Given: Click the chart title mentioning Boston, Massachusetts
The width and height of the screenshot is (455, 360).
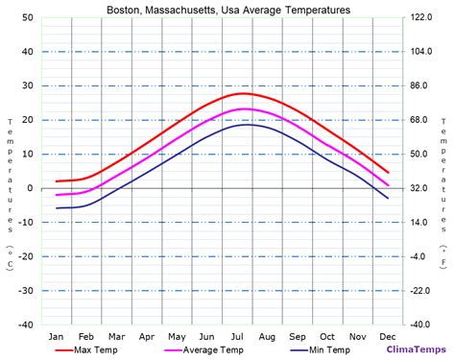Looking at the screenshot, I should (x=227, y=9).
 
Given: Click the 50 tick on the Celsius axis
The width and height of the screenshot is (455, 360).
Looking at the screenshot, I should (x=28, y=18).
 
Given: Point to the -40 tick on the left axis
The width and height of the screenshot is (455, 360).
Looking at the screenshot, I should (x=26, y=324).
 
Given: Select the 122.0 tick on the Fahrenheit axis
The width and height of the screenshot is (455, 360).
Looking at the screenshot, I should (x=423, y=18).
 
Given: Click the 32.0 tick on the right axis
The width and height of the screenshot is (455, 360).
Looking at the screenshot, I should (x=420, y=188).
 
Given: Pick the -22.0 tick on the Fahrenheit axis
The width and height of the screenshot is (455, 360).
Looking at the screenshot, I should (x=421, y=291).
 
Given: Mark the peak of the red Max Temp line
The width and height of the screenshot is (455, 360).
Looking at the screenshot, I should (x=244, y=93).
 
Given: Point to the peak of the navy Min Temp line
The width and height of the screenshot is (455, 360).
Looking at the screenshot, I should (x=246, y=125).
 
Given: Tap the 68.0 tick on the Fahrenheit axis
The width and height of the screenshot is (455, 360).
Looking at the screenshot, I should (x=420, y=120).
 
